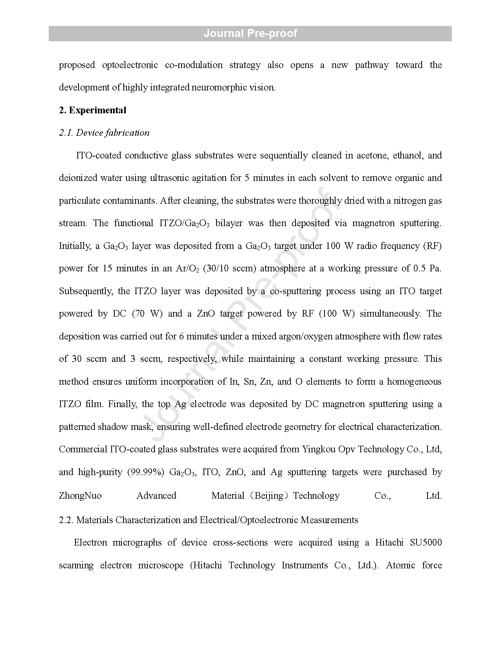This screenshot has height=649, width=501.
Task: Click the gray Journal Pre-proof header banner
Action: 250,33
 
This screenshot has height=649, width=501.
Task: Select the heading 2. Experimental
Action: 93,110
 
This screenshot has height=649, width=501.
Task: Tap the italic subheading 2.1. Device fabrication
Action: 104,133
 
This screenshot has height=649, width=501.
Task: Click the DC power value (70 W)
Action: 147,314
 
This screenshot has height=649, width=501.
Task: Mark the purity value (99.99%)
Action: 145,472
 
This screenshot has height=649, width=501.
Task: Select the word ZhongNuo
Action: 80,496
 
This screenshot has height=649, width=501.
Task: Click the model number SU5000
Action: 426,543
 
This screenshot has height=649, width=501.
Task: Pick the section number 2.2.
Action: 66,520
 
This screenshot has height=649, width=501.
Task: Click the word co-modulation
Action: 194,65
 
